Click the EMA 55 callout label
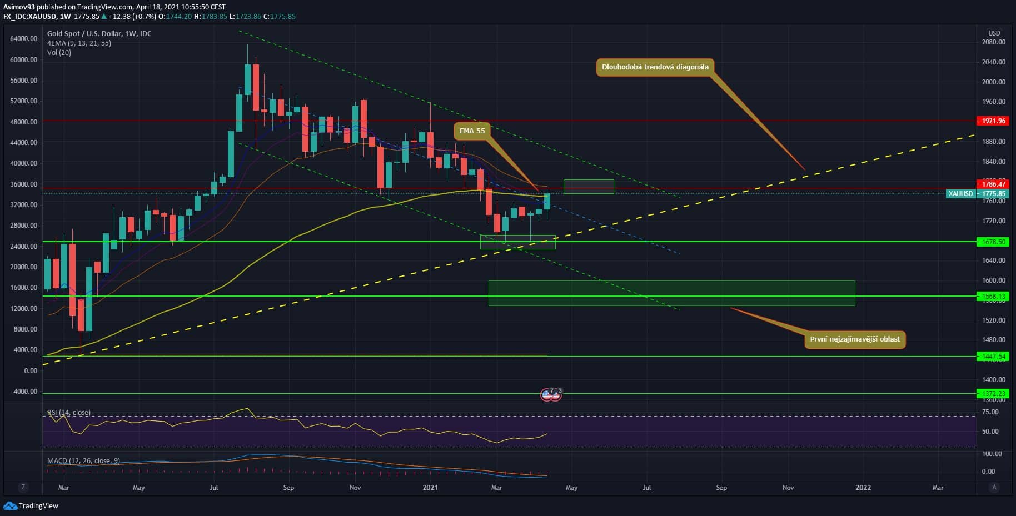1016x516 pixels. pos(472,131)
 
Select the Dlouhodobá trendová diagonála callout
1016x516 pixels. pos(655,67)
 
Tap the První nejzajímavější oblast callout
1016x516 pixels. pos(854,339)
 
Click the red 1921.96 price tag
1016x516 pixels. pos(992,121)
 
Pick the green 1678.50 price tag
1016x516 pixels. pos(992,242)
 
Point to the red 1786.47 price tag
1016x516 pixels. pos(992,184)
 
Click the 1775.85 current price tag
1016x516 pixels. pos(992,194)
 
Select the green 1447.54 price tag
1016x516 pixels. pos(992,357)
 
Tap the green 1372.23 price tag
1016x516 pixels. pos(992,394)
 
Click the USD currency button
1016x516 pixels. pos(994,33)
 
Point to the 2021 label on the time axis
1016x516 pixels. pos(430,488)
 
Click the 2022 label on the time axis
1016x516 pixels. pos(863,488)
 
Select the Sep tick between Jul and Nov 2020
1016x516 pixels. pos(288,488)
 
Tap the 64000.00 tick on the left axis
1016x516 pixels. pos(24,39)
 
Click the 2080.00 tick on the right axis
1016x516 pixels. pos(993,42)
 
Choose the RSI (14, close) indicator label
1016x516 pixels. pos(69,413)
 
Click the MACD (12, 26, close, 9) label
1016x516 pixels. pos(83,461)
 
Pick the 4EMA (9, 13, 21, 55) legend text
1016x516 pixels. pos(79,43)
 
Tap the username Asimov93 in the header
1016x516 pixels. pos(19,7)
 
